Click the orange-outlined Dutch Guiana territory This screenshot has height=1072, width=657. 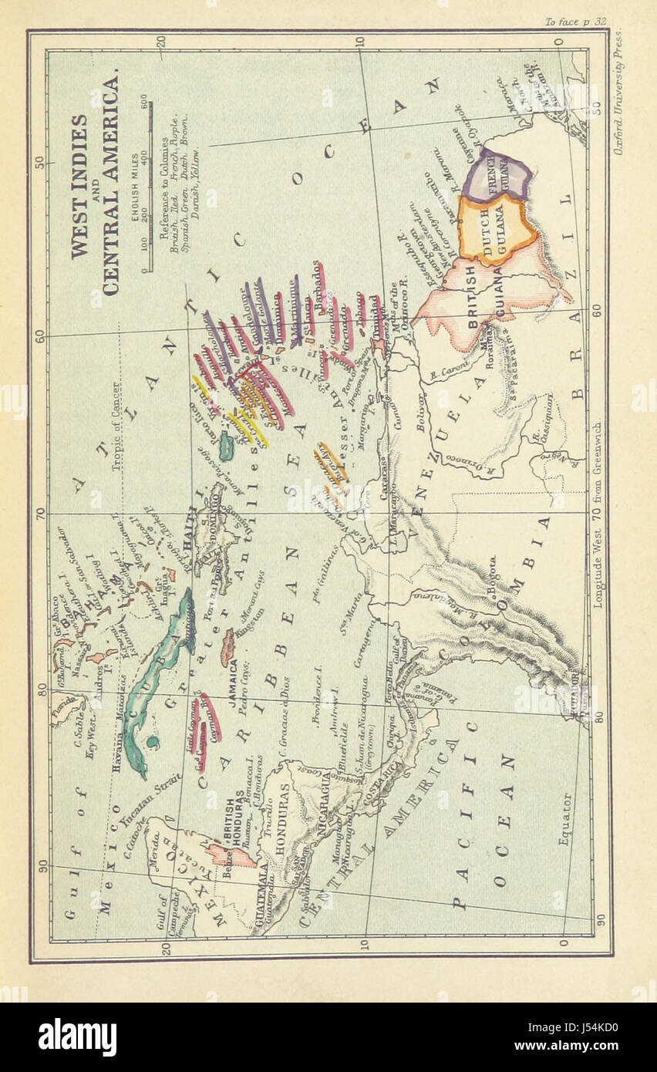coord(494,228)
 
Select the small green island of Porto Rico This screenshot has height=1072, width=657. coord(226,446)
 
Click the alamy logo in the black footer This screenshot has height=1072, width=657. coord(77,1037)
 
